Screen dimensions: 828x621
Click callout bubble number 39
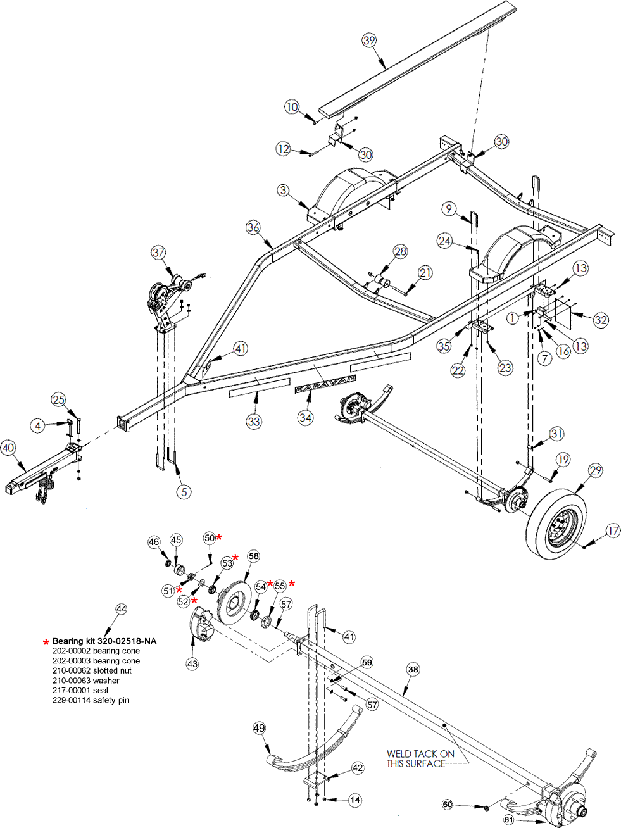tap(369, 40)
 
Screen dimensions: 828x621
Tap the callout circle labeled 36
tap(253, 227)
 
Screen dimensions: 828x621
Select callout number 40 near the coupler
tap(8, 448)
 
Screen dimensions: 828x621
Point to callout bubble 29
tap(596, 470)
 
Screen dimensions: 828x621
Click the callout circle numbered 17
tap(613, 530)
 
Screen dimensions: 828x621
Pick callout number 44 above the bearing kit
tap(121, 609)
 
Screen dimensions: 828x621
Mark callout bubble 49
tap(259, 728)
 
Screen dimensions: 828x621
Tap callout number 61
tap(510, 820)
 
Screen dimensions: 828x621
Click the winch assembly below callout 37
tap(166, 294)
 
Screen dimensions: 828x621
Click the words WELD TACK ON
tap(420, 754)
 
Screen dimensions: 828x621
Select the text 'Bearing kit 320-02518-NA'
tap(104, 641)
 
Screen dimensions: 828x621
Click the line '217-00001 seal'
tap(80, 690)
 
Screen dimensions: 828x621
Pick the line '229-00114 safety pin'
tap(91, 700)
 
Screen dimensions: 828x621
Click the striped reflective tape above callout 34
tap(325, 384)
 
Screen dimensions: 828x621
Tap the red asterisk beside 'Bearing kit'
tap(46, 642)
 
